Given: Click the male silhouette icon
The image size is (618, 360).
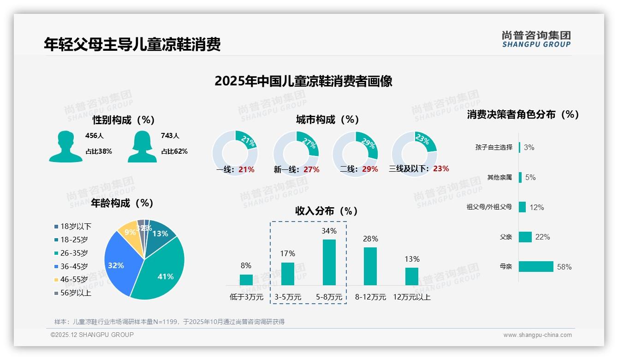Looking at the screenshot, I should [x=65, y=146].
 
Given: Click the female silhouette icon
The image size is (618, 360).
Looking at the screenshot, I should [x=142, y=146].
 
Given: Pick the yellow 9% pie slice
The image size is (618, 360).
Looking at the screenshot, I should [x=129, y=234].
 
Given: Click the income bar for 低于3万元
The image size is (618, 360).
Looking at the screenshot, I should [x=246, y=280].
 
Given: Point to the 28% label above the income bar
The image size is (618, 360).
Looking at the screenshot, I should [x=370, y=239].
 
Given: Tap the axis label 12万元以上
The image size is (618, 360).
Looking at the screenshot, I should [x=411, y=297].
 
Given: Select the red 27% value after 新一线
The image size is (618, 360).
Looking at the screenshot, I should [x=311, y=169].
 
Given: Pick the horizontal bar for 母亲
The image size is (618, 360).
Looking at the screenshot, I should [x=536, y=266].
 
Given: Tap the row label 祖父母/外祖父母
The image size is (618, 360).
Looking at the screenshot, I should [x=489, y=207].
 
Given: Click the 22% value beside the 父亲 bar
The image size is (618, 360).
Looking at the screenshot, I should [x=542, y=237].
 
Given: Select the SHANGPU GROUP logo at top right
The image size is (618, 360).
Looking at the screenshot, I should [x=536, y=39].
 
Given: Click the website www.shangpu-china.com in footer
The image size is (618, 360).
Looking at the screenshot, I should [x=537, y=335].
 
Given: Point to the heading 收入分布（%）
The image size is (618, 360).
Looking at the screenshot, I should [x=327, y=211].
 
